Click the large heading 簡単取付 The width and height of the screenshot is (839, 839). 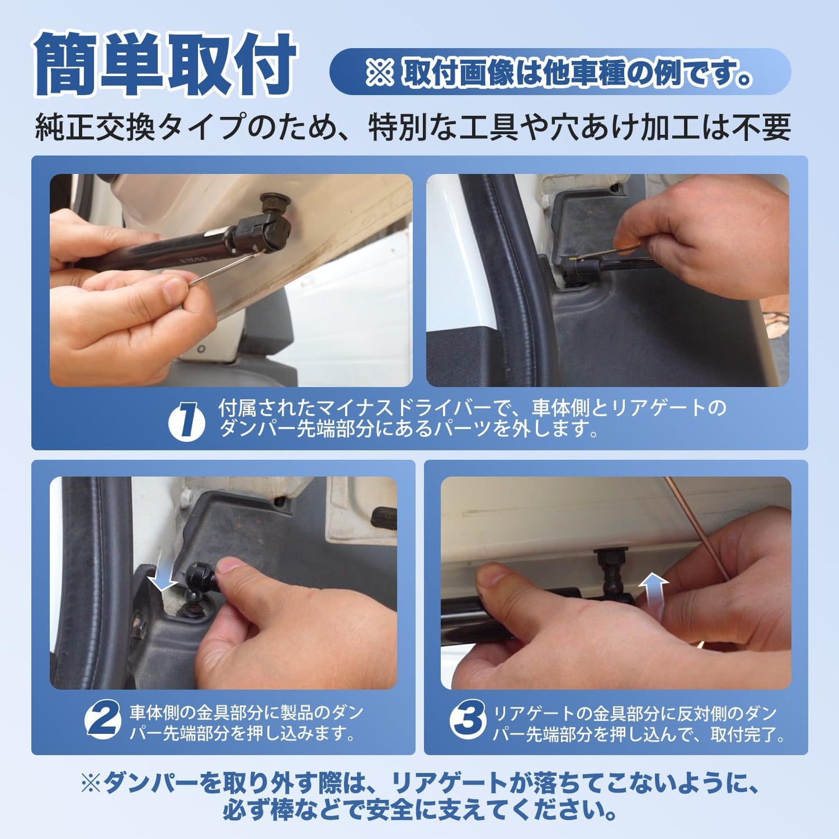(x=165, y=65)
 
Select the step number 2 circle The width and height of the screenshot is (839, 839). (x=103, y=720)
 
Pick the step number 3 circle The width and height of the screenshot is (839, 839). (x=467, y=720)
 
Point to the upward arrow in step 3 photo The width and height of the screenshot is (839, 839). (x=654, y=588)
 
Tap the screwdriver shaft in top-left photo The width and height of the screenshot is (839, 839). (x=221, y=269)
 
